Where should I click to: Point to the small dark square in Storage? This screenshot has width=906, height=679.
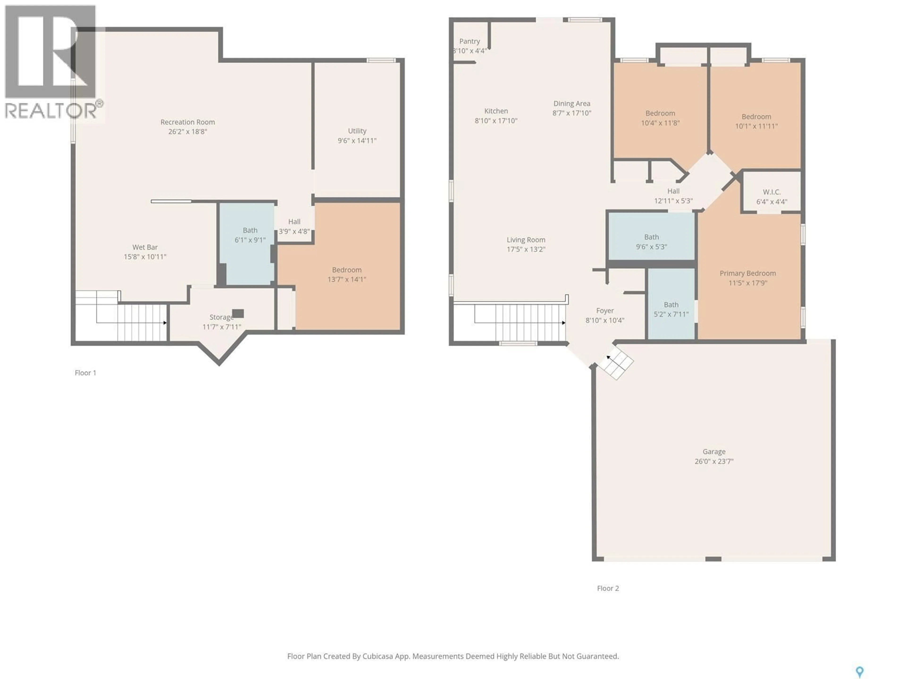coord(238,314)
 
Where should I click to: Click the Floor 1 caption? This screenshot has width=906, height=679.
coord(85,373)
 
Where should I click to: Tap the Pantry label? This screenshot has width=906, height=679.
coord(469,41)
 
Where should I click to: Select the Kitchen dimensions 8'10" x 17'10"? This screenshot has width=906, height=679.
coord(496,121)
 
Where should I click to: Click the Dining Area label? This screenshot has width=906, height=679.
coord(571,104)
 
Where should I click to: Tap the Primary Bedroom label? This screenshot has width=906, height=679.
coord(747,273)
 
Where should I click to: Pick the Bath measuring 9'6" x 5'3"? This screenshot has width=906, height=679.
coord(651,237)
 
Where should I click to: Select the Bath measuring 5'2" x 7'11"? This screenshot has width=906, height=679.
coord(671,305)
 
